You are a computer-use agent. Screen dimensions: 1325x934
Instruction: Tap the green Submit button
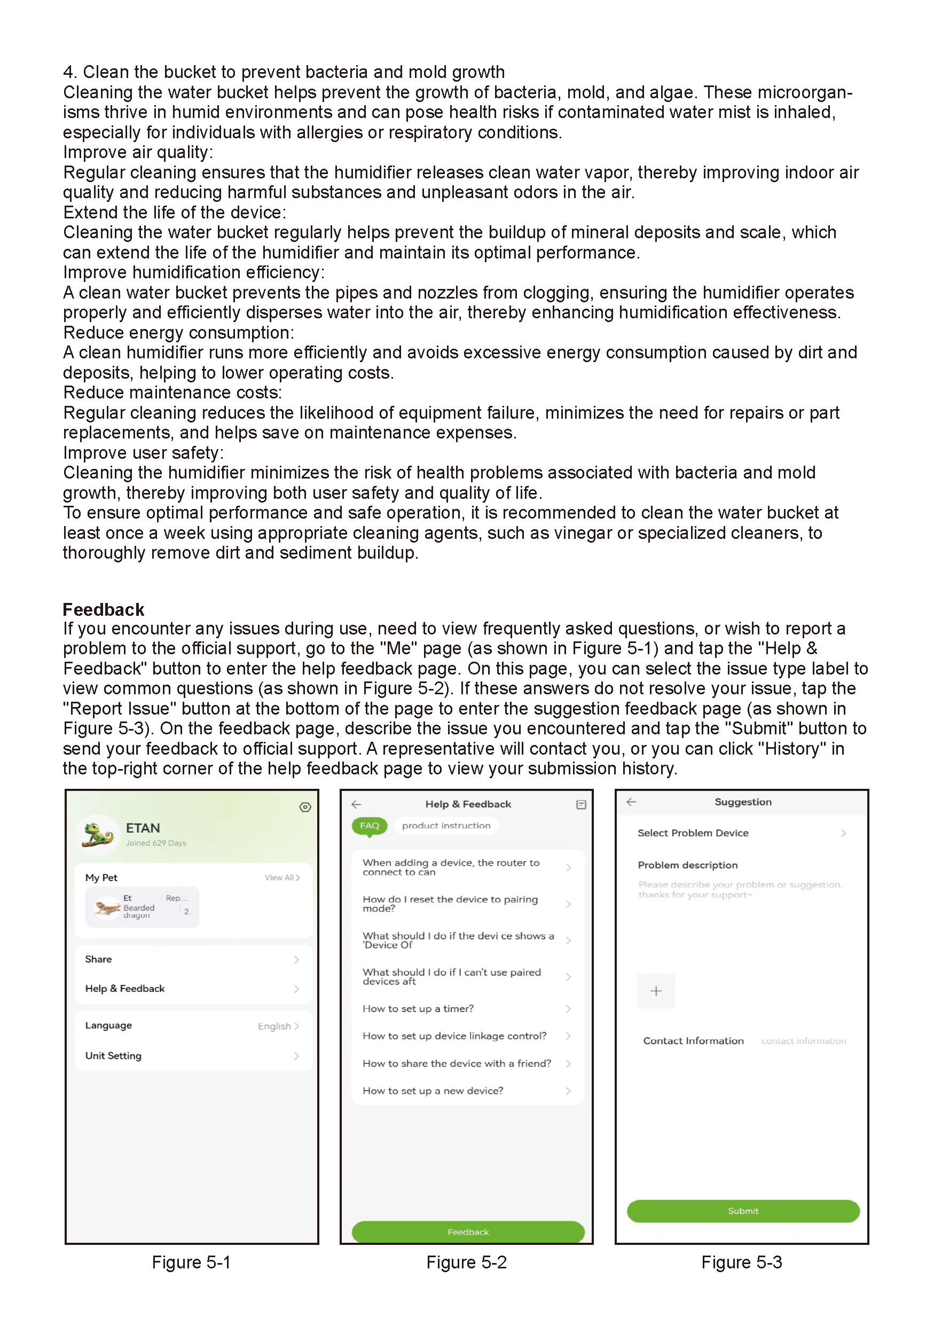[742, 1211]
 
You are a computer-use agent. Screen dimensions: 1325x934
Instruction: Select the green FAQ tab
[369, 825]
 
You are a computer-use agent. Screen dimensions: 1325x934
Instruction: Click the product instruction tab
[446, 825]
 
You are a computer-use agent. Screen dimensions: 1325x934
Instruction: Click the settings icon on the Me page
[305, 807]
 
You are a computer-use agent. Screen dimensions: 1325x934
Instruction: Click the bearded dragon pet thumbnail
[107, 907]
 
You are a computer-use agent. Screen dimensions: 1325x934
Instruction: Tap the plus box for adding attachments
[655, 991]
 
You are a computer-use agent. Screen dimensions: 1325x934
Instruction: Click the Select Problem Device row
[741, 833]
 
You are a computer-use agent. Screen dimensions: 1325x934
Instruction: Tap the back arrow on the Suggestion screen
[631, 802]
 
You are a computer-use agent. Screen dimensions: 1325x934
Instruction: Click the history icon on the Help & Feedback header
[581, 804]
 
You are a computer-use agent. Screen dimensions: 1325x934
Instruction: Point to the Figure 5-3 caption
[741, 1262]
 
